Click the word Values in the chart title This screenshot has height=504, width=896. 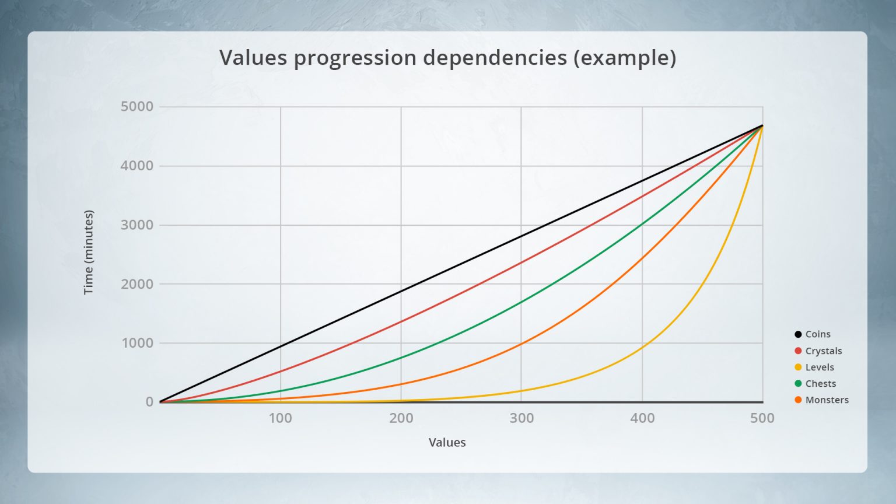pyautogui.click(x=253, y=57)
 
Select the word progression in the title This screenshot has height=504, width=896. pyautogui.click(x=355, y=58)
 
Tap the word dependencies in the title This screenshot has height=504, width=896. pyautogui.click(x=495, y=58)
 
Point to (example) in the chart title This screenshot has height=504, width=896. pyautogui.click(x=625, y=58)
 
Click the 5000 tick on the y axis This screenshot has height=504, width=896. pyautogui.click(x=137, y=106)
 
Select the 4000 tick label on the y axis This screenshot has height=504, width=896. pyautogui.click(x=137, y=166)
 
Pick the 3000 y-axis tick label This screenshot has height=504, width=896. pyautogui.click(x=137, y=225)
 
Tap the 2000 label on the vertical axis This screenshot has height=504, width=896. pyautogui.click(x=137, y=284)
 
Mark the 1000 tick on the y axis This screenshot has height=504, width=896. pyautogui.click(x=137, y=343)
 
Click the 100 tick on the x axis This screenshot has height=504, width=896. pyautogui.click(x=280, y=418)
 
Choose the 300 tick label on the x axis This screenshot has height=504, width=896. pyautogui.click(x=521, y=418)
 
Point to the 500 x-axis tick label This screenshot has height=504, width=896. pyautogui.click(x=762, y=418)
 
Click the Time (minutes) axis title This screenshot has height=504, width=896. pyautogui.click(x=89, y=253)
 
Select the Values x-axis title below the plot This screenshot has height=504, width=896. pyautogui.click(x=447, y=442)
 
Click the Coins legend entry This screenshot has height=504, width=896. pyautogui.click(x=813, y=334)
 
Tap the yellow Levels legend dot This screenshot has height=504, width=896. pyautogui.click(x=798, y=367)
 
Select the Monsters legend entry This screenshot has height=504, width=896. pyautogui.click(x=821, y=400)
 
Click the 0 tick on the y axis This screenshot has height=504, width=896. pyautogui.click(x=149, y=401)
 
